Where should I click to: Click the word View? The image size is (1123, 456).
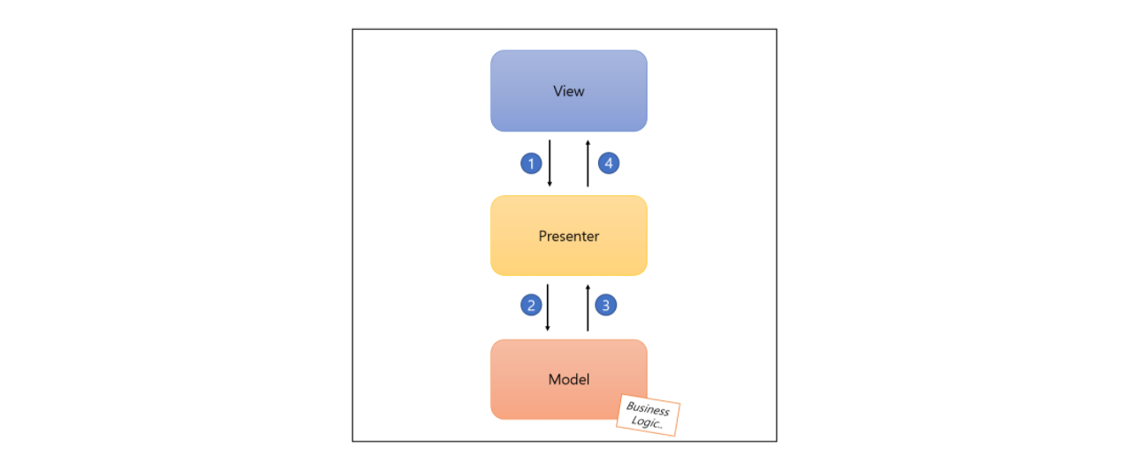(568, 91)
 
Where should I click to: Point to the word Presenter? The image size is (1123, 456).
(568, 236)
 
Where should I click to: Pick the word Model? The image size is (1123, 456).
(568, 379)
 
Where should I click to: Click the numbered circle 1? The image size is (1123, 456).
(531, 163)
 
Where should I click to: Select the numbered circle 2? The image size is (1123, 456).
(531, 306)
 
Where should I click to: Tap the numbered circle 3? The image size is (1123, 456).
(605, 306)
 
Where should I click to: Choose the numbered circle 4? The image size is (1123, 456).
(608, 163)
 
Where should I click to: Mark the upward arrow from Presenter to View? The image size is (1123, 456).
(588, 163)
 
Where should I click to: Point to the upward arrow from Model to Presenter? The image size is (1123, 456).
(588, 308)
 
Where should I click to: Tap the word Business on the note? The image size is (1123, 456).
(648, 408)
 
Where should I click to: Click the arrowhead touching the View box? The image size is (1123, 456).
(588, 141)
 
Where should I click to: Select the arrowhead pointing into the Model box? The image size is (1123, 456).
(549, 328)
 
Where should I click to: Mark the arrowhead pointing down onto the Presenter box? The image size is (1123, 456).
(550, 184)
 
